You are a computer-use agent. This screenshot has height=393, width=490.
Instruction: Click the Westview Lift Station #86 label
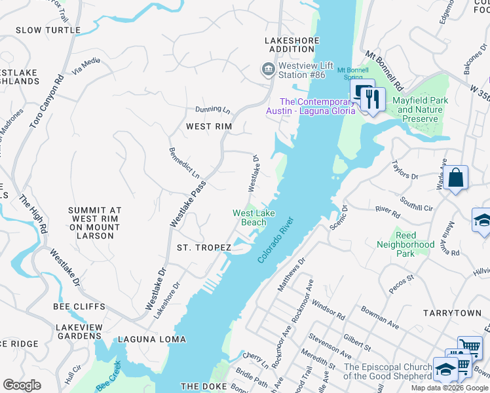point(302,70)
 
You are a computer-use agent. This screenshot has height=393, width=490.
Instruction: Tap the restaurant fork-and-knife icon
point(373,100)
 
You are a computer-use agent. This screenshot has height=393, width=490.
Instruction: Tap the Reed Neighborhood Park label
point(405,244)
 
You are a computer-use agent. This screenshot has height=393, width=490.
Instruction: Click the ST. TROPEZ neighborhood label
point(204,248)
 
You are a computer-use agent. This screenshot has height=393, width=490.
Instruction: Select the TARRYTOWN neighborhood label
point(452,313)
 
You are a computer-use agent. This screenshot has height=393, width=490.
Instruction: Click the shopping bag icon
point(455,178)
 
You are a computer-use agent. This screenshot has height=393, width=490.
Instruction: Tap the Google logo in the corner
point(22,385)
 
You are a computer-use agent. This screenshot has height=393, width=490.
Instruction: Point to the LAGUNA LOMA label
point(152,339)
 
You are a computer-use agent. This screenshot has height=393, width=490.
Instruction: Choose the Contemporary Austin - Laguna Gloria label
point(310,106)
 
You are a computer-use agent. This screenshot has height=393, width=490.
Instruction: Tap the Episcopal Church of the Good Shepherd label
point(388,371)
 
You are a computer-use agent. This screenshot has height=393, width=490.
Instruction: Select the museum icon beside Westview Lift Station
point(267,69)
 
